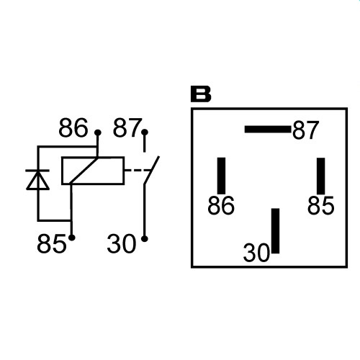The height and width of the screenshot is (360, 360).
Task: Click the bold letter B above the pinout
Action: [x=201, y=94]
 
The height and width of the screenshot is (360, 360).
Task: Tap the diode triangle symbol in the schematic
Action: [x=37, y=181]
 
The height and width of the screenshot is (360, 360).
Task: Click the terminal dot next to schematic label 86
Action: [x=97, y=132]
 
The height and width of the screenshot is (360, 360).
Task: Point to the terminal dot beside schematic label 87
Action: [x=145, y=132]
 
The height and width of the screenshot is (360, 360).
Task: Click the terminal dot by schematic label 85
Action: [x=72, y=238]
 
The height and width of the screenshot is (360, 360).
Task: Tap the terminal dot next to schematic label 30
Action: [x=145, y=239]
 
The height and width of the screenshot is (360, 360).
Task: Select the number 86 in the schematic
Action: [x=73, y=127]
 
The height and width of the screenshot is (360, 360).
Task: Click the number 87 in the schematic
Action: [x=127, y=127]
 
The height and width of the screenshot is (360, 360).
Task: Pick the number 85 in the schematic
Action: [x=51, y=243]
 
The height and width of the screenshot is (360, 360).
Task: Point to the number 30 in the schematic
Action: [x=122, y=243]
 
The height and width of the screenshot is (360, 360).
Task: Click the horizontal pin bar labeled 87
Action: [x=268, y=130]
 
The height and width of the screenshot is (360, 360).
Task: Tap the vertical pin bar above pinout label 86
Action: [x=221, y=176]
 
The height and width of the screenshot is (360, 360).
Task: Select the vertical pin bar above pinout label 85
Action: [x=321, y=176]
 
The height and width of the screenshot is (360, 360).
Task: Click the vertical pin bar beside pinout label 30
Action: [x=275, y=230]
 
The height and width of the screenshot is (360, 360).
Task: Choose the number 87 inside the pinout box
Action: [x=306, y=130]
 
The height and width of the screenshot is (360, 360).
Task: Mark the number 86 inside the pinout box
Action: [x=221, y=205]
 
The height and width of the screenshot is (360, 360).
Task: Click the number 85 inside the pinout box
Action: [x=320, y=205]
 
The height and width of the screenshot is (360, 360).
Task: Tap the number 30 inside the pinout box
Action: [x=256, y=253]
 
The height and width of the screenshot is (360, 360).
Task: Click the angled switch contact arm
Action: [x=152, y=170]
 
